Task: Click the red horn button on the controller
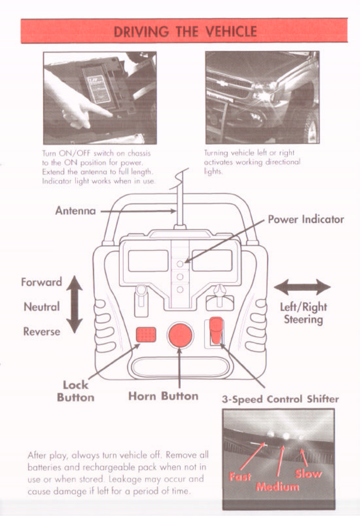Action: tap(180, 335)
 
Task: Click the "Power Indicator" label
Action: tap(306, 219)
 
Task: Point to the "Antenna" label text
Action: tap(75, 211)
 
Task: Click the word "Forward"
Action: tap(42, 282)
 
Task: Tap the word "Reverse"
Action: tap(42, 331)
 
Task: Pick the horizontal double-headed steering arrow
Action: tap(302, 287)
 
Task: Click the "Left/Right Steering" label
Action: tap(303, 313)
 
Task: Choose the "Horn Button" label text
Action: tap(163, 396)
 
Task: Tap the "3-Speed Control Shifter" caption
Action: tap(280, 399)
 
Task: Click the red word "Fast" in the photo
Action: tap(240, 476)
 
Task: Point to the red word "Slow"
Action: tap(309, 474)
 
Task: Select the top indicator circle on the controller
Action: tap(180, 263)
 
